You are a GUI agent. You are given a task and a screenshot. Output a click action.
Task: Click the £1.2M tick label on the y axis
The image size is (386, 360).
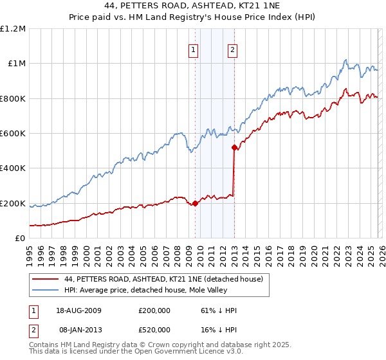click(x=13, y=29)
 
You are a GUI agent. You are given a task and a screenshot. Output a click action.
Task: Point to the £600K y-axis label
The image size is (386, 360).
click(x=13, y=134)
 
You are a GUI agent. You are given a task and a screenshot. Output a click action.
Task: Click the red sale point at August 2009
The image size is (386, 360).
click(x=196, y=203)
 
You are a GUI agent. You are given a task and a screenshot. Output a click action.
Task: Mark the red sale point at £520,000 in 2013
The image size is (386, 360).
click(x=234, y=147)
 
